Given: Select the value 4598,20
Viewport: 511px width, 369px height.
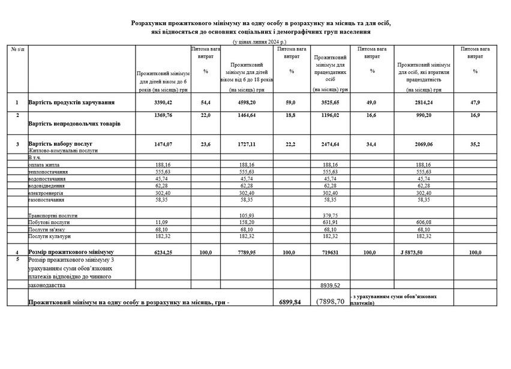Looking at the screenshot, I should click(x=247, y=103).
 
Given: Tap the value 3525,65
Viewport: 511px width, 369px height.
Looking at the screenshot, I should click(x=331, y=103).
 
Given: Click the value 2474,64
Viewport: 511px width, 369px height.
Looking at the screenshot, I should click(x=331, y=144).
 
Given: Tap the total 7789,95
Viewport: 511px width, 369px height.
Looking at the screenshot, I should click(x=247, y=253).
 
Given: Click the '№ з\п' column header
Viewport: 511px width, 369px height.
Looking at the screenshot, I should click(x=17, y=48).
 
